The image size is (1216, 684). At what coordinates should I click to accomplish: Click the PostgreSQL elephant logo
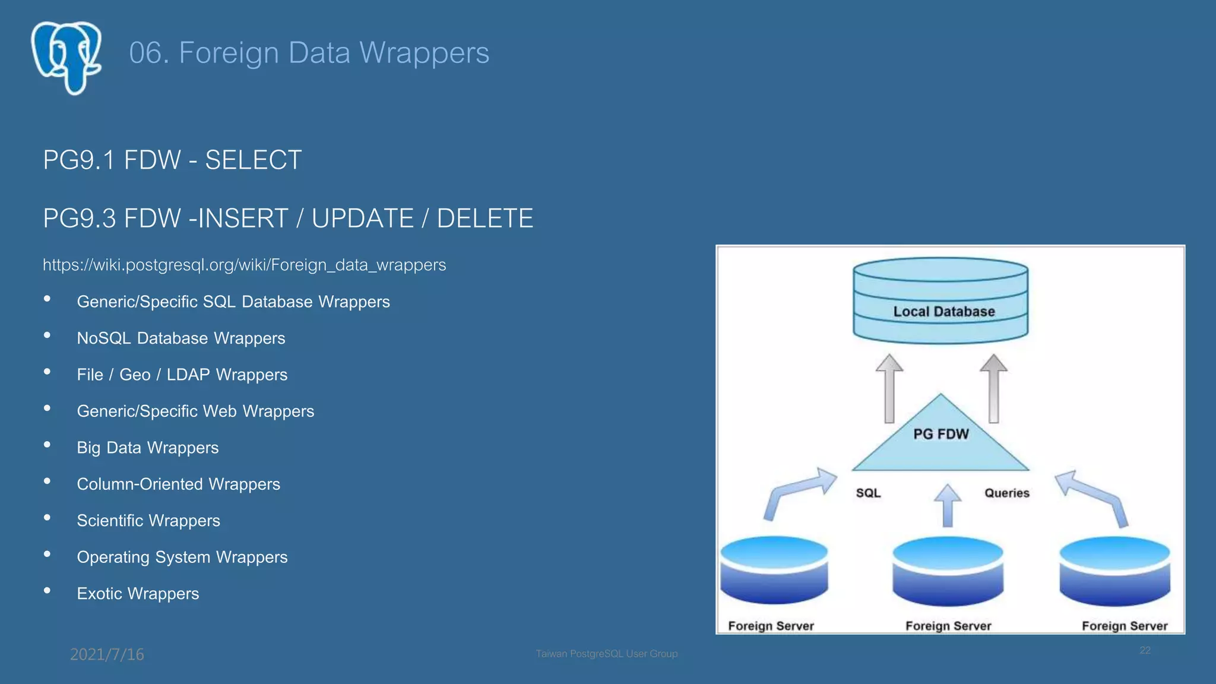click(66, 58)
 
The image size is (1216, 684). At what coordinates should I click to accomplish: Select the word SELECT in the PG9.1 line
click(254, 160)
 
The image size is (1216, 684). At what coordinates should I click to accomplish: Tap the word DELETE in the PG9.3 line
click(484, 218)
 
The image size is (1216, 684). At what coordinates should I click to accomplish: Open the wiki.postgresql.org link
click(244, 265)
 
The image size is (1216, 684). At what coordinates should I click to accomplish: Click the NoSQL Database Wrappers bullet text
click(181, 338)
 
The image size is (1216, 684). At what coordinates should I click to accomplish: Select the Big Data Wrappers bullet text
click(148, 448)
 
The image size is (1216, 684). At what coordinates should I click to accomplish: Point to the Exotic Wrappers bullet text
click(138, 594)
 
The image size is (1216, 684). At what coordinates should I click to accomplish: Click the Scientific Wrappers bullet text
click(148, 521)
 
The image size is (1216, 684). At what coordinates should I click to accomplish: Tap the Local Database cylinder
click(940, 301)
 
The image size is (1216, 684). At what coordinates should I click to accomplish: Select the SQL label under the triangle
click(868, 493)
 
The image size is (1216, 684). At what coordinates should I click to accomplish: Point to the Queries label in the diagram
click(1006, 493)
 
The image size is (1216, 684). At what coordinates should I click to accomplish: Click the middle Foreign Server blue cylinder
click(948, 571)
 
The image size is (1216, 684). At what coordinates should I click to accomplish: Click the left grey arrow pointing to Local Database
click(889, 389)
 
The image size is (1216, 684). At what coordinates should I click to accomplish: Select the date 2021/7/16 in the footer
click(107, 654)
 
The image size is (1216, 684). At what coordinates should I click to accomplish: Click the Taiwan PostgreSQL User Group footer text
click(606, 654)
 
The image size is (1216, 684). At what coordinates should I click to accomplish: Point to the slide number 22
click(1145, 651)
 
